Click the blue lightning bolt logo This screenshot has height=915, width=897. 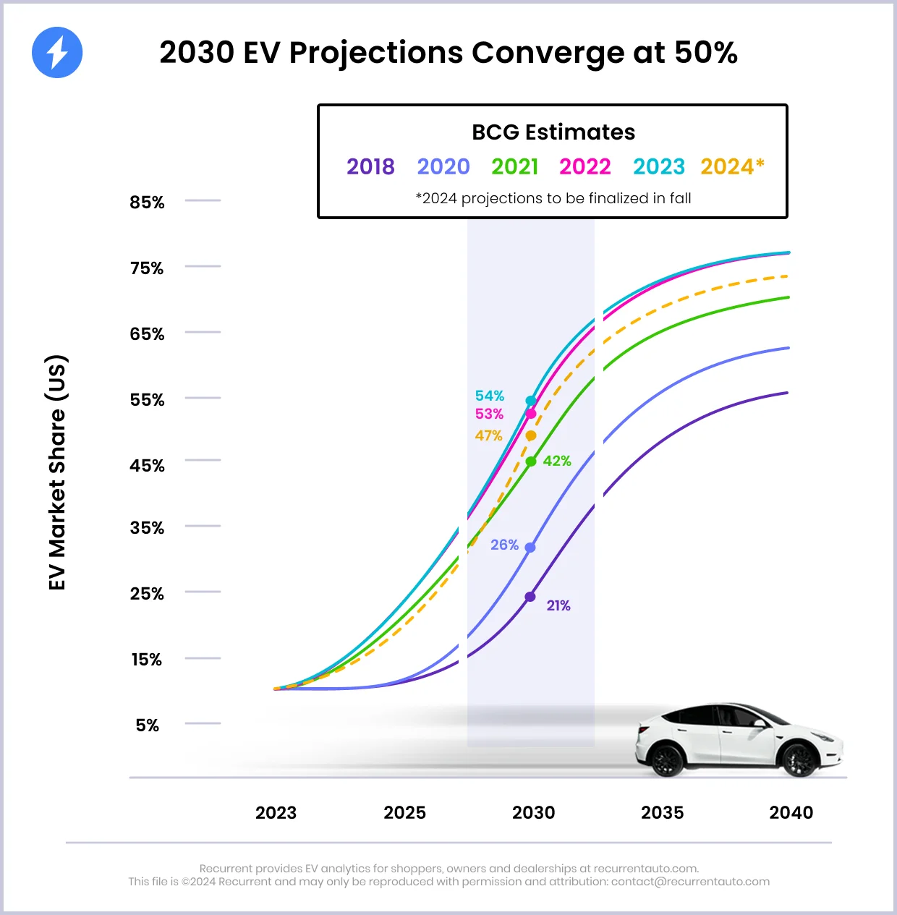57,53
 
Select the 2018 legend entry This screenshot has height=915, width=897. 370,167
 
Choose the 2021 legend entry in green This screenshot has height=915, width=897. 514,167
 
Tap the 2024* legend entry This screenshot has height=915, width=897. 732,167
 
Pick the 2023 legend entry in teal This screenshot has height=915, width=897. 658,167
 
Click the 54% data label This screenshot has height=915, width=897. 489,396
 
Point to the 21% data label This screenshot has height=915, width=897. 558,605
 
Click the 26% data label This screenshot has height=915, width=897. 504,545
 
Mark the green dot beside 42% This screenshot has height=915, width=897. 531,461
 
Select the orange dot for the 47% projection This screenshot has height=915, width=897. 531,435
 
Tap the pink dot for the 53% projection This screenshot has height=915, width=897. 531,414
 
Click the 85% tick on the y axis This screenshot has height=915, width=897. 147,203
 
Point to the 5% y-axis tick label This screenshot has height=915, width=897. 147,725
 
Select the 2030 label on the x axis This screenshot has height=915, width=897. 533,813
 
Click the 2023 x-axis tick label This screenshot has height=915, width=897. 276,813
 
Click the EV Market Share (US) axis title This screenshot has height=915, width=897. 57,472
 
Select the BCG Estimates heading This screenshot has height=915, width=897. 553,132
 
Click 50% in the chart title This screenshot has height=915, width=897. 705,53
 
